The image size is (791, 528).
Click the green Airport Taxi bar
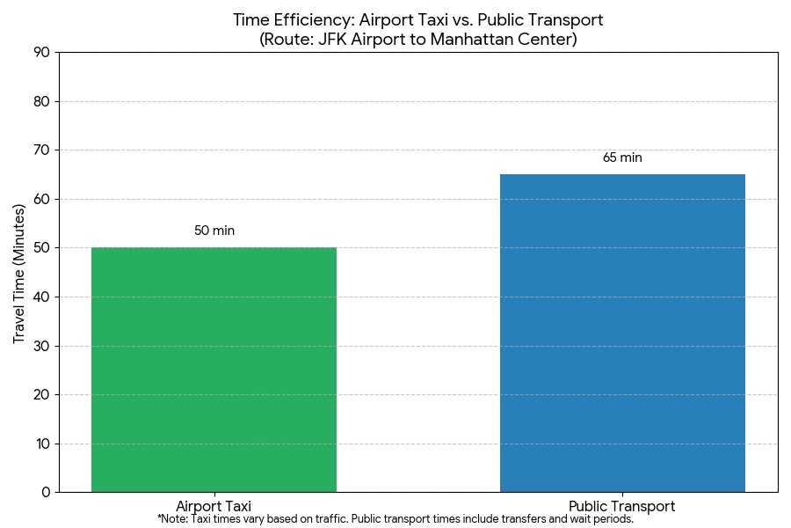coord(214,370)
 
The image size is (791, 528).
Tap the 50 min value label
coord(214,231)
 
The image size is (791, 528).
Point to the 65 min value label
coord(622,158)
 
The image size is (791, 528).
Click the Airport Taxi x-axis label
coord(214,506)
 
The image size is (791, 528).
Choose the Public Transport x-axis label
coord(622,506)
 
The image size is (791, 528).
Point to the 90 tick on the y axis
coord(41,53)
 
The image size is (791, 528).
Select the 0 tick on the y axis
coord(46,493)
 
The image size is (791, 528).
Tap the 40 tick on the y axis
coord(41,297)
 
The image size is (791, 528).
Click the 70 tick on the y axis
coord(41,150)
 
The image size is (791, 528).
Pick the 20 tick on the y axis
coord(41,395)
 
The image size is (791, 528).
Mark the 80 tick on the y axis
coord(41,101)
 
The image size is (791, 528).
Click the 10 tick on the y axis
coord(41,444)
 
